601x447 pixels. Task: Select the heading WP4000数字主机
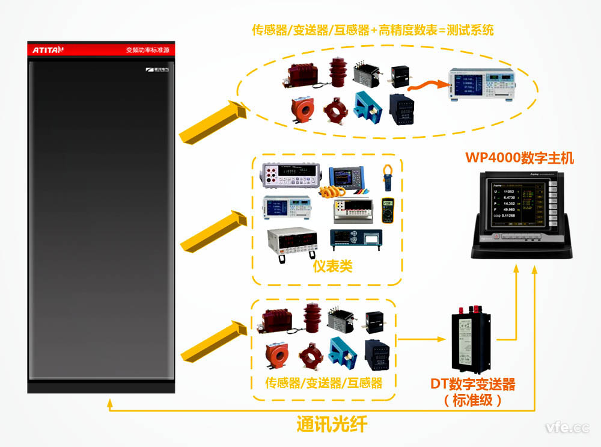click(520, 158)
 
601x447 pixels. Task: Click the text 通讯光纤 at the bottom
click(332, 424)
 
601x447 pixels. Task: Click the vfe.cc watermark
click(567, 428)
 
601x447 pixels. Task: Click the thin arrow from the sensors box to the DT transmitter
click(423, 339)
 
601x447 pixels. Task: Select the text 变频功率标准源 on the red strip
click(148, 50)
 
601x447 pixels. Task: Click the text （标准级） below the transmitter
click(472, 400)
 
